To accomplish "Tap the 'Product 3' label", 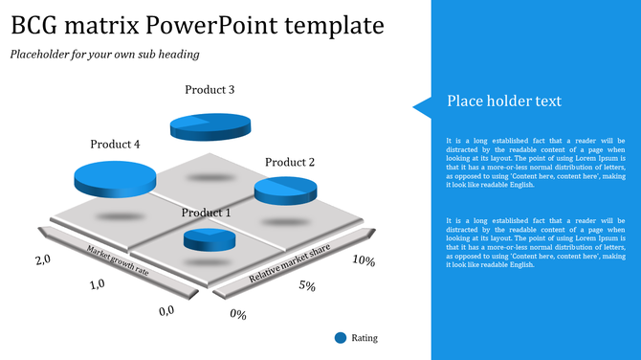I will pos(210,90).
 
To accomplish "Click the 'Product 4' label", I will pos(115,145).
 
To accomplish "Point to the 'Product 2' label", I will pos(290,162).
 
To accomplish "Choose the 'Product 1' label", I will pos(206,213).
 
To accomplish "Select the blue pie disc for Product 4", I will pos(115,178).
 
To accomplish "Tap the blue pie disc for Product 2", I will pos(285,190).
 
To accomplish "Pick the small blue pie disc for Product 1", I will pos(210,239).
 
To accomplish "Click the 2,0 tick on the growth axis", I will pos(42,260).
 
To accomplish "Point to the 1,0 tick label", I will pos(96,284).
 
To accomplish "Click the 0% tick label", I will pos(238,314).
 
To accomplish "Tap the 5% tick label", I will pos(307,285).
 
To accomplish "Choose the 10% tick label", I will pos(363,260).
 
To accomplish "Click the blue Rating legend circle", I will pos(341,337).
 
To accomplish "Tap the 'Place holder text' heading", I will pos(504,101).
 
